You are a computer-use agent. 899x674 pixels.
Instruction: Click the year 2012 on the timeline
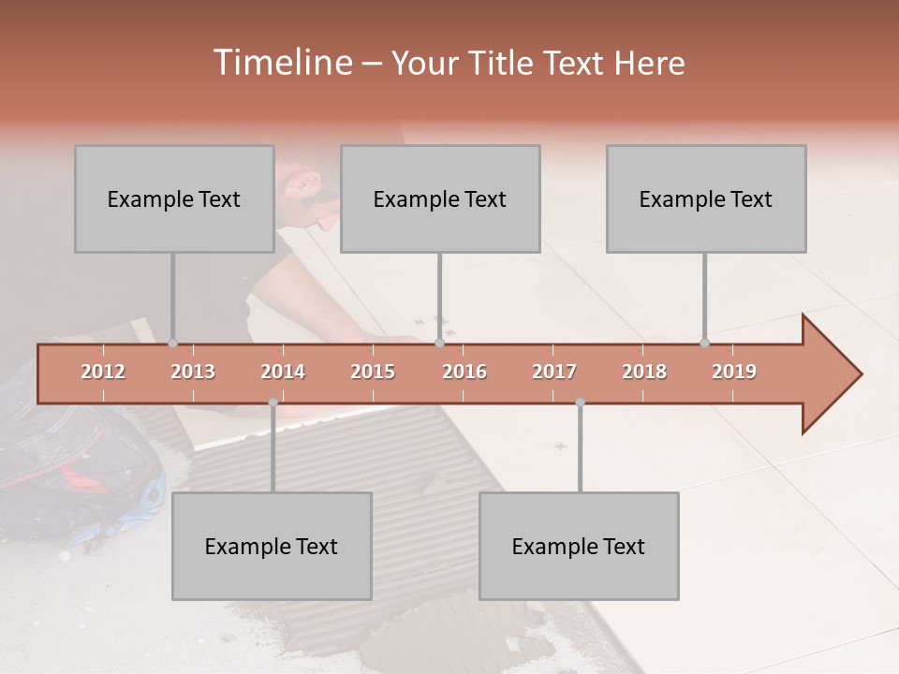[x=103, y=372]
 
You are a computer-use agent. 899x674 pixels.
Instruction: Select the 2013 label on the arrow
[x=193, y=372]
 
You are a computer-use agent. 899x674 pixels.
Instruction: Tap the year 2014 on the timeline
[x=283, y=372]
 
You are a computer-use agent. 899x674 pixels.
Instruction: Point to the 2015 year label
[x=373, y=372]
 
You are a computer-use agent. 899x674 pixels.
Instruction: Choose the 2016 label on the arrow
[x=464, y=372]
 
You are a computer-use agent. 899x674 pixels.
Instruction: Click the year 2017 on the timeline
[x=554, y=372]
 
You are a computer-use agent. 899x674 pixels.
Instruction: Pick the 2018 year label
[x=644, y=372]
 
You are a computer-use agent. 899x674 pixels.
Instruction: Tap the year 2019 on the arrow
[x=734, y=372]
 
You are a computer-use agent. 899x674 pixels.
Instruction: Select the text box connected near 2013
[x=174, y=198]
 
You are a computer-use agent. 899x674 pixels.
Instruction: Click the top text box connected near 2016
[x=440, y=198]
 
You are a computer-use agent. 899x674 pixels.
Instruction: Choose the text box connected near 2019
[x=706, y=198]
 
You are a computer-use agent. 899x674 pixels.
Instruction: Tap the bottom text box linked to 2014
[x=272, y=546]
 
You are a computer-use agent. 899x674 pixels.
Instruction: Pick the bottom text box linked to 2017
[x=579, y=546]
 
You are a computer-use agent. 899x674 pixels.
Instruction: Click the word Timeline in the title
[x=282, y=63]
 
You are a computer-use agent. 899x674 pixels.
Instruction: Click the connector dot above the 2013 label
[x=172, y=344]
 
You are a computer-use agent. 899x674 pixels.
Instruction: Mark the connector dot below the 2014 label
[x=273, y=403]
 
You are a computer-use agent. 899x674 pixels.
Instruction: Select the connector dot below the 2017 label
[x=580, y=403]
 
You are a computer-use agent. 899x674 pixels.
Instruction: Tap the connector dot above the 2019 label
[x=704, y=344]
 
